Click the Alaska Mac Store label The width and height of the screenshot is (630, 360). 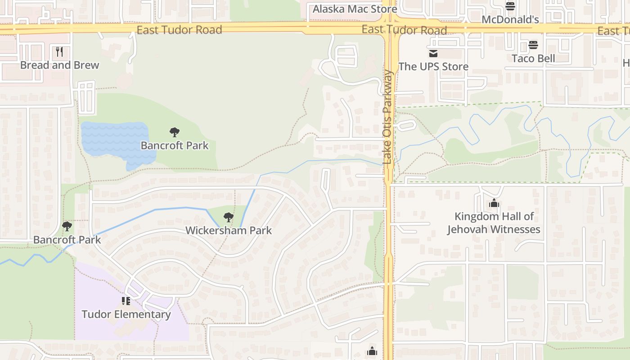[355, 9]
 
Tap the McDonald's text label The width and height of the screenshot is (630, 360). [510, 20]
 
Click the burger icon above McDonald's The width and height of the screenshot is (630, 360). [510, 6]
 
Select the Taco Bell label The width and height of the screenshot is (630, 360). [533, 58]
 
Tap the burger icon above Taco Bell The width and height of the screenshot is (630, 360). [533, 45]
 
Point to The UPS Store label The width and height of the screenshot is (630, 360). [433, 67]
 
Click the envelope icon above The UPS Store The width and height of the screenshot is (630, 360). [433, 54]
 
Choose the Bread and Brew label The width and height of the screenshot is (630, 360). [59, 65]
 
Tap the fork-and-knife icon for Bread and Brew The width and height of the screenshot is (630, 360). [59, 52]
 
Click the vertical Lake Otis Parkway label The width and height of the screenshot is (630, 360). [387, 117]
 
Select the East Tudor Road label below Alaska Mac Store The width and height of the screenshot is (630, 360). [404, 30]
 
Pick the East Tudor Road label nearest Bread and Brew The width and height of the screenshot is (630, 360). [179, 30]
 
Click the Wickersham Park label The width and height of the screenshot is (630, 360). [229, 230]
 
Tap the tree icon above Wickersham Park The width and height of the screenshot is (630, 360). [229, 218]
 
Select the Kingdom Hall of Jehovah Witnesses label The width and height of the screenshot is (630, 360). [494, 223]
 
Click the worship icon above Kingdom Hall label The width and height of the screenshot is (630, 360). [494, 203]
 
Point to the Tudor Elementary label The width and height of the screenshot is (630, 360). [126, 314]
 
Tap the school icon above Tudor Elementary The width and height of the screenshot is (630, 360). [126, 301]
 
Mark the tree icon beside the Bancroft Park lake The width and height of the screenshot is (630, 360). [175, 132]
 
